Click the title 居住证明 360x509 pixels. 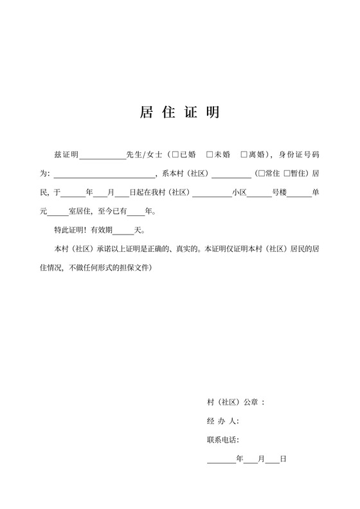coord(179,112)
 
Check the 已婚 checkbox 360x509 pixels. coord(175,155)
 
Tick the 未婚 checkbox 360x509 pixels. coord(210,155)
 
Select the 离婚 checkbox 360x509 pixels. coord(244,155)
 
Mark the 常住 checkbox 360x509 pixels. coord(260,174)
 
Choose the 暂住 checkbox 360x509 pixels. coord(287,174)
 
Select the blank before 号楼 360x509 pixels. coord(259,193)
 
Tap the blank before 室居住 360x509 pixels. coord(58,211)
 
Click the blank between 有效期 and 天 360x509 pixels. coord(123,230)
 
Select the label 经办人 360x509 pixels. coord(222,421)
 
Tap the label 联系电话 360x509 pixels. coord(222,440)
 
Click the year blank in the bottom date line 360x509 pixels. coord(221,460)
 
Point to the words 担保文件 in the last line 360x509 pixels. coord(134,267)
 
